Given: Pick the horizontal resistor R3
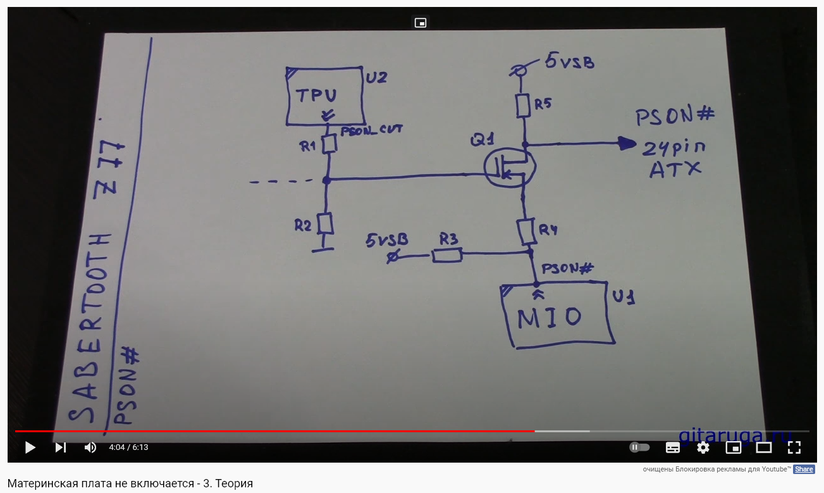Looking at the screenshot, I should tap(447, 255).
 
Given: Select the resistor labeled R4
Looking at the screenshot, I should tap(526, 232).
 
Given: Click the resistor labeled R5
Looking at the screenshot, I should tap(522, 106).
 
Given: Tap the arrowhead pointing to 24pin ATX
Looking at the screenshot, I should tap(627, 144).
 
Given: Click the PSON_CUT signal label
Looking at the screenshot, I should tap(371, 130).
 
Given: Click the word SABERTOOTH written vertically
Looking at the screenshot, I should tap(87, 328).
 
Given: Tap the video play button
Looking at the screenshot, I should tap(30, 447).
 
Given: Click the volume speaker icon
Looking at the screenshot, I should tap(90, 447).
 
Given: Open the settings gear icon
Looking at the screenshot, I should tap(703, 447).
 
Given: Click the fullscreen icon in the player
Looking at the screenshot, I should tap(794, 447).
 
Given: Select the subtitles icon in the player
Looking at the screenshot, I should tap(673, 447).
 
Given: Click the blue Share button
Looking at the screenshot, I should tap(804, 469).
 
